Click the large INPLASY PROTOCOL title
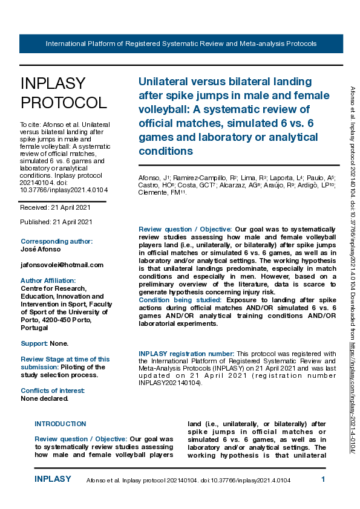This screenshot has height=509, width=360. [x=64, y=93]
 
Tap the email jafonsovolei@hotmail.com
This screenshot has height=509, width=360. [x=62, y=265]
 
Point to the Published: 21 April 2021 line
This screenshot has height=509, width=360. [x=56, y=222]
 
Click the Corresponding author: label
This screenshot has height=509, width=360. [x=56, y=241]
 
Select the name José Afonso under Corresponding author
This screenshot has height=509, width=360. [x=40, y=249]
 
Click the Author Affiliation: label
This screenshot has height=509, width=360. [x=48, y=280]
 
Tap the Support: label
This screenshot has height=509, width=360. [x=34, y=343]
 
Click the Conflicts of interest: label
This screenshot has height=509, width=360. [x=53, y=391]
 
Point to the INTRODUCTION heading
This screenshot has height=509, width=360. [x=60, y=424]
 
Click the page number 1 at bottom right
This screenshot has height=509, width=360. [x=323, y=479]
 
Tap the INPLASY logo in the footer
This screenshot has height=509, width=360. [x=53, y=479]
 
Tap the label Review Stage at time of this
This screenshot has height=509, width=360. [x=65, y=359]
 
